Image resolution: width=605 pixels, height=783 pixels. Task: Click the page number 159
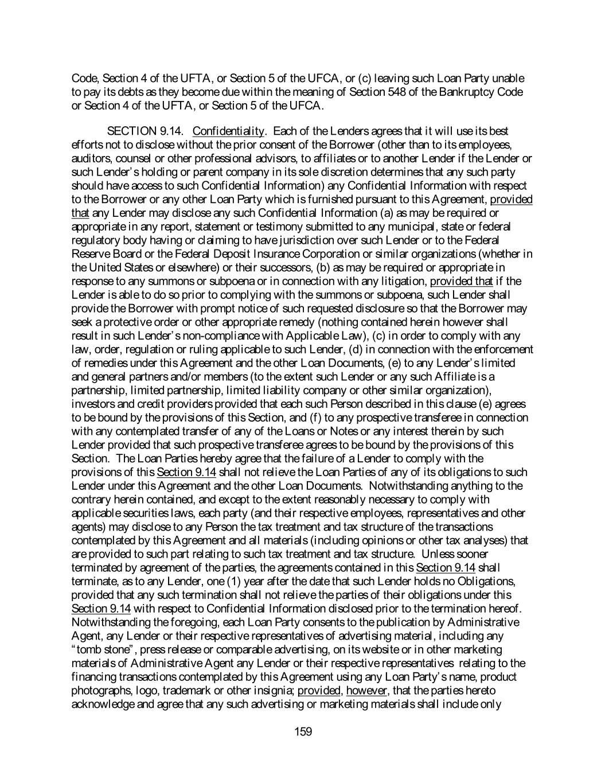coord(302,731)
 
